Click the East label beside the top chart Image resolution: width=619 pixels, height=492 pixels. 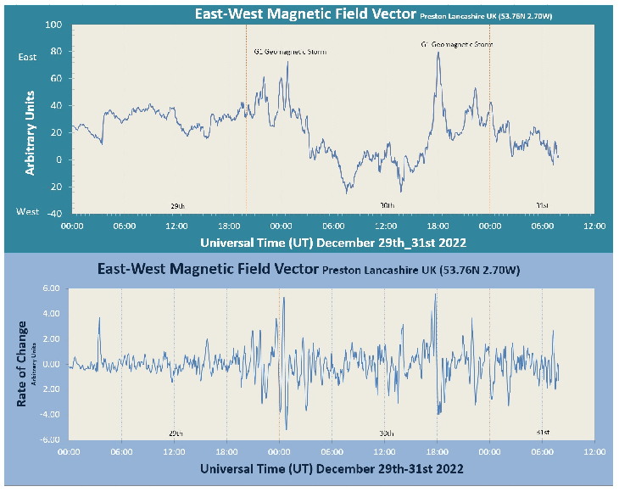coord(27,57)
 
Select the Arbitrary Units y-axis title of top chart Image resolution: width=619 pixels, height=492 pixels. coord(30,131)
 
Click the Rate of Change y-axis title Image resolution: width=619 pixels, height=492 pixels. coord(22,363)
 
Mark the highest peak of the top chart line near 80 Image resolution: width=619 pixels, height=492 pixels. coord(438,53)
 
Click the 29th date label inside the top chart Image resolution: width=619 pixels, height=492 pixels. coord(178,206)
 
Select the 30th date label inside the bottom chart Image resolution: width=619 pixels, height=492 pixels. coord(387,432)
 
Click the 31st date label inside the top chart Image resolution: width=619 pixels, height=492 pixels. coord(542,206)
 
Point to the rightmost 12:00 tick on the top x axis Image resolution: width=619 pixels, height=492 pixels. coord(594,226)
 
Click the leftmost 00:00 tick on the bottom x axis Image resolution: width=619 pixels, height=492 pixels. coord(70,452)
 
